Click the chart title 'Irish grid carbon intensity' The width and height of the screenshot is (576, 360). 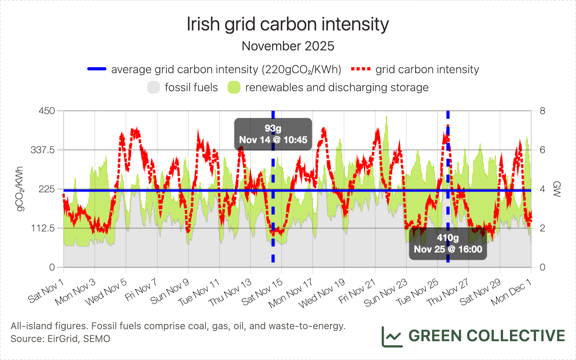(x=288, y=24)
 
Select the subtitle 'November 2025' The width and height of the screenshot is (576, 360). (x=288, y=46)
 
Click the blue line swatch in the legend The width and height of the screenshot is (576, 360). (x=97, y=69)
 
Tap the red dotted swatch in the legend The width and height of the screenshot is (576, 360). (x=361, y=69)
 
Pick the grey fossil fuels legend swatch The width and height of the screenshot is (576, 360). (x=154, y=87)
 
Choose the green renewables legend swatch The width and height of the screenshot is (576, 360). (x=234, y=87)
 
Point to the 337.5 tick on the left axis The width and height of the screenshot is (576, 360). (x=43, y=150)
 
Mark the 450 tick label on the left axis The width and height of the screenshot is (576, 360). (x=47, y=111)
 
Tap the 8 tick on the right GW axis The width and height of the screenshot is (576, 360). (x=542, y=111)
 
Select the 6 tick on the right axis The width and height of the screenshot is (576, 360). (x=542, y=150)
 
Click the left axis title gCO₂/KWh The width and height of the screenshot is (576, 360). (x=19, y=189)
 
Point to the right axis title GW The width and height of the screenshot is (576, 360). (x=556, y=189)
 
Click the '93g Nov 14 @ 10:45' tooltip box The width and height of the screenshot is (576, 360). (x=273, y=134)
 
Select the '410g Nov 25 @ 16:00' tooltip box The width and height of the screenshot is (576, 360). (x=448, y=244)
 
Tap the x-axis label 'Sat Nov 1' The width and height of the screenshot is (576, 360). (x=46, y=291)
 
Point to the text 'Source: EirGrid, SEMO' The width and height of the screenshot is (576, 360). (x=60, y=339)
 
